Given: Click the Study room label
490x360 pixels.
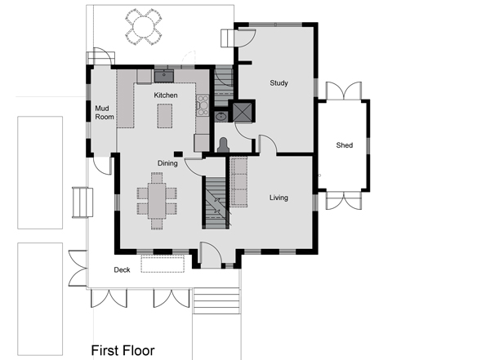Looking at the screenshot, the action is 278,83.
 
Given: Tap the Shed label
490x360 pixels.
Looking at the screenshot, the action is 345,145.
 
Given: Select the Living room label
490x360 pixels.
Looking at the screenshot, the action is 278,198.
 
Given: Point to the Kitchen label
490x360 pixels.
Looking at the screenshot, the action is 166,95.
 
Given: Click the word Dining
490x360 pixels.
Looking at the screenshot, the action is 167,163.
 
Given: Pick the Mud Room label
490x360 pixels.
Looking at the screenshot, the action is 105,113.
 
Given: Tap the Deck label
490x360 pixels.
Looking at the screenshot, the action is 122,269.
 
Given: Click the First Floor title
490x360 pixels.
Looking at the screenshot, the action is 122,351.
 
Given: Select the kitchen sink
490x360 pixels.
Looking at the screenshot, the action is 164,76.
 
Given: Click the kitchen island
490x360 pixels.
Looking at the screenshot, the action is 165,116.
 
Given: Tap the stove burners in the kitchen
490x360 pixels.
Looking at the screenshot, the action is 203,105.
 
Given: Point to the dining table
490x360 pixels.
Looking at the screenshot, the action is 157,202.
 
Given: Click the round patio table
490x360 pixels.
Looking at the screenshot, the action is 144,27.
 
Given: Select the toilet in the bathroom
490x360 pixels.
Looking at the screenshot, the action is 223,145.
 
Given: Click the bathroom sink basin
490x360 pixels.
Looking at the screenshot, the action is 221,117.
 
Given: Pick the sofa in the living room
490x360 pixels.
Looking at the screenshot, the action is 239,182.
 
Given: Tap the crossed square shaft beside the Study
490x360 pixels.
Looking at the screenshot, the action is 243,112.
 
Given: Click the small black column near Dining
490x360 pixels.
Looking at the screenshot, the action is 178,153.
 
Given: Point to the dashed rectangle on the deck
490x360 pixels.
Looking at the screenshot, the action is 163,264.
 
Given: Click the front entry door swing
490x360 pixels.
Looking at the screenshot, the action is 211,253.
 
